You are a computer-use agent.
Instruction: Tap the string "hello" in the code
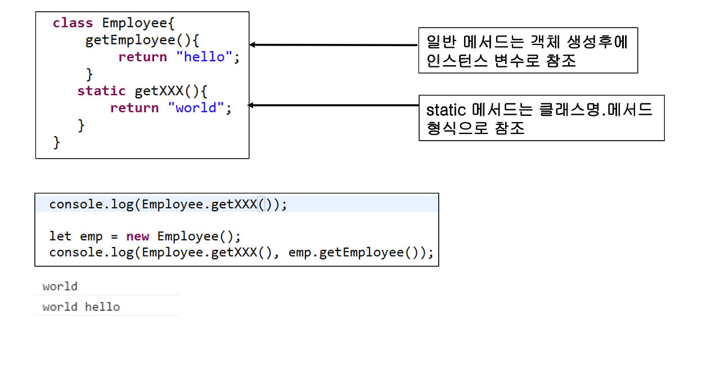pos(204,57)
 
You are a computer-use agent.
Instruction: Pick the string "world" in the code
pos(196,107)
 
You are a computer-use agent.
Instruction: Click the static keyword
pos(101,91)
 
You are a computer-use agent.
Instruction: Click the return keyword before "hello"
pos(142,57)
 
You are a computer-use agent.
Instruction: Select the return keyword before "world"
pos(134,107)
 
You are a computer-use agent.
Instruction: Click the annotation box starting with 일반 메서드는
pos(528,50)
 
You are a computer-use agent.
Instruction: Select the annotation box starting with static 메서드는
pos(541,118)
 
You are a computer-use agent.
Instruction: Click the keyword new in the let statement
pos(138,236)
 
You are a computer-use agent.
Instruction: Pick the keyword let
pos(61,236)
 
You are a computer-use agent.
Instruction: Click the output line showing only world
pos(60,286)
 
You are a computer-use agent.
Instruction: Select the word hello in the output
pos(102,307)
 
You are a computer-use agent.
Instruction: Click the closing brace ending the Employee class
pos(56,142)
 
